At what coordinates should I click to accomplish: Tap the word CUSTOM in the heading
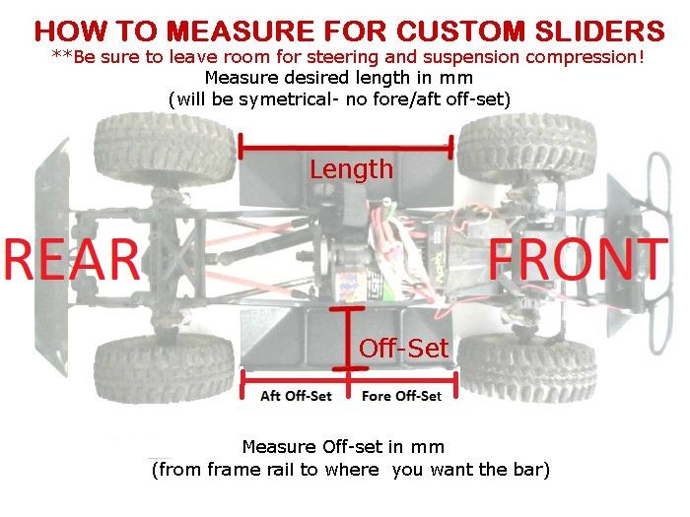460,31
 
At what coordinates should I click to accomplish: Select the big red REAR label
72,259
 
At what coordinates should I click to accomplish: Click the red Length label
351,169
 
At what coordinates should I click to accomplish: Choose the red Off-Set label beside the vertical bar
403,349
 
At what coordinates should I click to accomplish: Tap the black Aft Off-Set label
296,396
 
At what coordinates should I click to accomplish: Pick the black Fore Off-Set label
401,396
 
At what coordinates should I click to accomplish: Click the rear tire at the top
165,151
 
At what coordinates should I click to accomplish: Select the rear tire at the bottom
165,368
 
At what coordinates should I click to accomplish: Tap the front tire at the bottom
526,368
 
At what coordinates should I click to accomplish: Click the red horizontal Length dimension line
346,148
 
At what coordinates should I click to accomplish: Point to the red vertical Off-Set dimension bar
348,339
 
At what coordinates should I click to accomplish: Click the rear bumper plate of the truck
52,257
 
